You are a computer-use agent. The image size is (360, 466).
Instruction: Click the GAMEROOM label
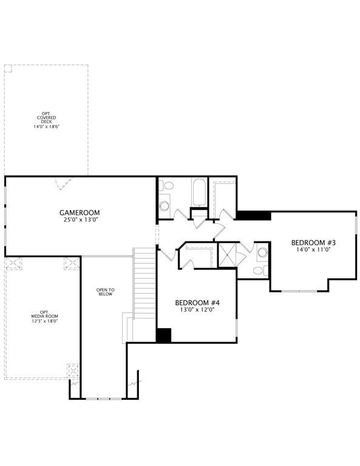pos(80,213)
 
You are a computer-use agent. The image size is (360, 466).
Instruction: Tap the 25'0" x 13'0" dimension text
pos(80,220)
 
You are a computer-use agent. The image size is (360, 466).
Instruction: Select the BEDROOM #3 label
pos(313,243)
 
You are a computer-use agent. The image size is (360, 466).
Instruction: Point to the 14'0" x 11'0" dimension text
pos(313,249)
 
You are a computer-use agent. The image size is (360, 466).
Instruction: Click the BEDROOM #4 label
pos(197,303)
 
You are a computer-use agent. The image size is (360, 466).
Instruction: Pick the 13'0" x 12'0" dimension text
pos(197,310)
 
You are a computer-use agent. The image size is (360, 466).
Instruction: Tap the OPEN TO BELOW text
pos(105,292)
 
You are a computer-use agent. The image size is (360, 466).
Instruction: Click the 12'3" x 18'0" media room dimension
pos(44,321)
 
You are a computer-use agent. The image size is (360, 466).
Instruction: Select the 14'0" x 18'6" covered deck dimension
pos(46,126)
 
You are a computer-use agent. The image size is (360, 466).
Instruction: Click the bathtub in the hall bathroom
pos(199,192)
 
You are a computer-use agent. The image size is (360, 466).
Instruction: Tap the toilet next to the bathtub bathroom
pos(166,186)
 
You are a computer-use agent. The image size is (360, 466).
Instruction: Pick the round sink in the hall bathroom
pos(164,206)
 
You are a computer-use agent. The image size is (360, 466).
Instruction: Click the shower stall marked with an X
pos(228,255)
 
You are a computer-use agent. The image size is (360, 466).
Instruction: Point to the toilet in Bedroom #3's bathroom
pos(259,271)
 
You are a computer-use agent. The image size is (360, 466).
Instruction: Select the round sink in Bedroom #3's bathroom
pos(262,252)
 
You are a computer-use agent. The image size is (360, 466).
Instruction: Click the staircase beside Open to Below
pos(144,283)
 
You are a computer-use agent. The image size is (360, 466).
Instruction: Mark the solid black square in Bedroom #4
pos(163,335)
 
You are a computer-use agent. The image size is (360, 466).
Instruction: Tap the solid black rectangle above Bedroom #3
pos(253,215)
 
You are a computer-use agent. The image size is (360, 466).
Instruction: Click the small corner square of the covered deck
pos(8,69)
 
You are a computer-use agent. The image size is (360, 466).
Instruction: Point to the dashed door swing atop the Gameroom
pos(63,184)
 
